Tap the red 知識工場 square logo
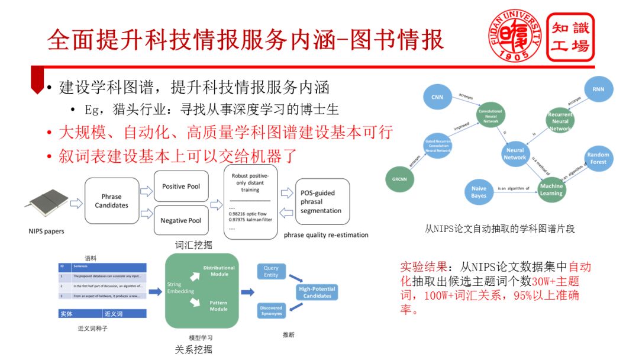(x=570, y=37)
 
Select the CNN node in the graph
(x=437, y=97)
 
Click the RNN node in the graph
(x=598, y=89)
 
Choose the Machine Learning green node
(x=551, y=189)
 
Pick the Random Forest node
(x=598, y=158)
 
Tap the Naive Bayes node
(x=479, y=192)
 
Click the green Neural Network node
(x=515, y=154)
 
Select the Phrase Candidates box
(x=111, y=201)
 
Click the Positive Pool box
(x=181, y=187)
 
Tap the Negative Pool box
(x=181, y=220)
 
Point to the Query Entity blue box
(x=271, y=272)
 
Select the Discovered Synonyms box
(x=272, y=310)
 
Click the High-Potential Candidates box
(x=317, y=292)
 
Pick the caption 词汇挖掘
(x=193, y=245)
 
